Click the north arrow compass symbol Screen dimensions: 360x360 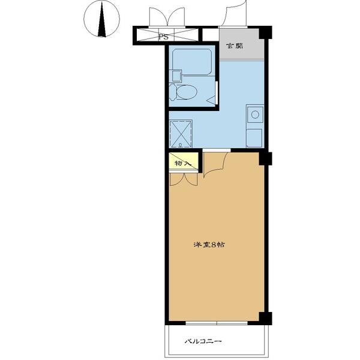(102, 19)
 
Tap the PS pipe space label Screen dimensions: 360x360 (164, 37)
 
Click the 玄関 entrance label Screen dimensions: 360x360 (235, 46)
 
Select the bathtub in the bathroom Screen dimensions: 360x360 (192, 62)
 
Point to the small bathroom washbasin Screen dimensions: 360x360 (176, 76)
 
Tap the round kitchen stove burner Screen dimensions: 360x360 (255, 114)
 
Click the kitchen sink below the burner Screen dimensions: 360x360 (254, 138)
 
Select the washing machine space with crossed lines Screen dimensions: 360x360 (181, 134)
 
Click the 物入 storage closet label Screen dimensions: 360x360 (182, 163)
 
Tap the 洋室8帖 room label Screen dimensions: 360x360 (209, 245)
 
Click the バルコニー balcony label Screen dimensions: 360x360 (203, 341)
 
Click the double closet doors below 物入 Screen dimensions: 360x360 (184, 179)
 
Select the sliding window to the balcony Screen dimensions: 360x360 (217, 323)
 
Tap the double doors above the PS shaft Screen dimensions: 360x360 (167, 17)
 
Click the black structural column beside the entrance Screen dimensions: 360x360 (265, 32)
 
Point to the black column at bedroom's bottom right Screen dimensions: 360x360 (265, 319)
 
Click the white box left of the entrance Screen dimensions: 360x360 (211, 35)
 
